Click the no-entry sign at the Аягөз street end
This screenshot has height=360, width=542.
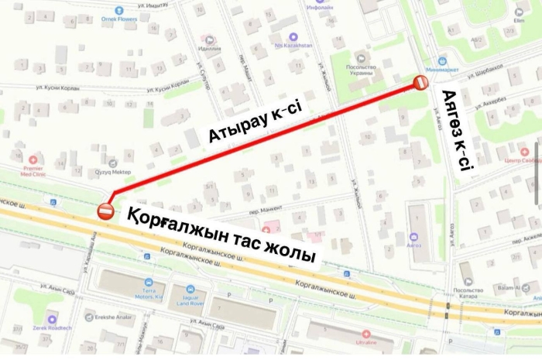[420, 83]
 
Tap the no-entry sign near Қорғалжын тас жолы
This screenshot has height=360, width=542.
[106, 210]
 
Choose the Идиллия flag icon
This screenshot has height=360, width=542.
[209, 39]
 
